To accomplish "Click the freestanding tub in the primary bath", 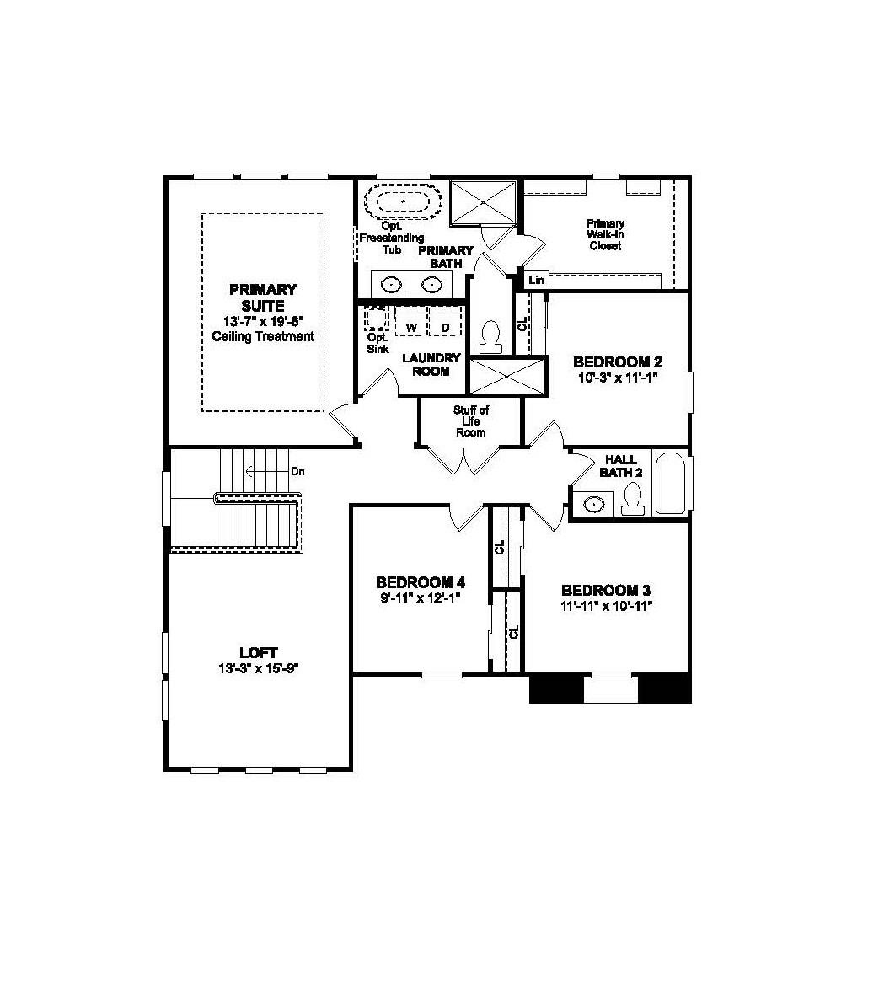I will tap(403, 202).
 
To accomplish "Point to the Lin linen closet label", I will tap(536, 280).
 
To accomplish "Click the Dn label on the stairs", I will tap(297, 471).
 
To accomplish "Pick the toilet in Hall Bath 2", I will tap(632, 501).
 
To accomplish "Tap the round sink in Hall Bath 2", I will tap(595, 504).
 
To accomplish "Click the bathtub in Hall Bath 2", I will tap(671, 484).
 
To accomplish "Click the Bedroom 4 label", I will tap(421, 582).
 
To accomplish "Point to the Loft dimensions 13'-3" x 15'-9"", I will tap(258, 668).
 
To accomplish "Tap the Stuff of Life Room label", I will tap(471, 421).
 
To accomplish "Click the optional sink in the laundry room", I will tap(376, 319).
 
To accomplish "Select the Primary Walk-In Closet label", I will tap(605, 234).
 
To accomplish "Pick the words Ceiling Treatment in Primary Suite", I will tap(263, 337).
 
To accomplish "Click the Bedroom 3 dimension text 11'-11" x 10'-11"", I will tap(607, 606).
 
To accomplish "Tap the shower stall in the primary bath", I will tap(484, 201).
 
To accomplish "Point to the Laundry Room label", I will tap(431, 364).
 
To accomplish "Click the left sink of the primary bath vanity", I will tap(390, 285).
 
